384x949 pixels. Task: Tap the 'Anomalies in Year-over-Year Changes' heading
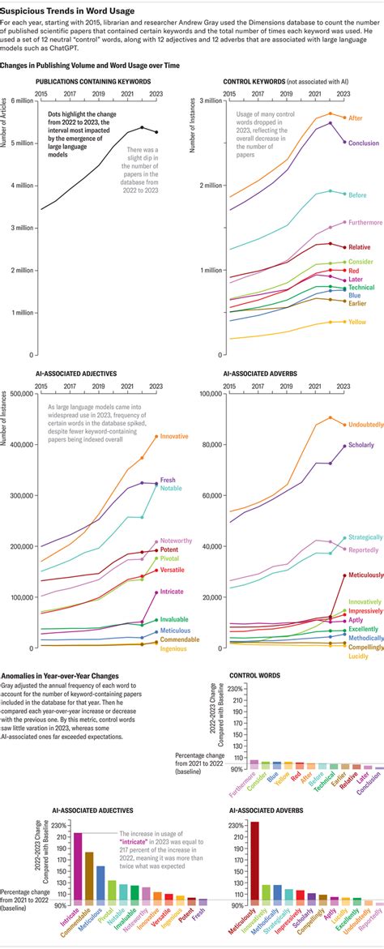[x=61, y=675]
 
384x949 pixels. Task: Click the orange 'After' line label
[x=356, y=118]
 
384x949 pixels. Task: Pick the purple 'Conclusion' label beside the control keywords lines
[x=364, y=143]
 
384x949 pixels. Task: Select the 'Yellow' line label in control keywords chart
[x=357, y=322]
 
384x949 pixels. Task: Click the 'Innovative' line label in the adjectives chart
[x=175, y=436]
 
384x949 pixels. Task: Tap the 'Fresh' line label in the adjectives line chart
[x=168, y=480]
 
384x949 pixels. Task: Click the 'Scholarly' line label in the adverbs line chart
[x=363, y=445]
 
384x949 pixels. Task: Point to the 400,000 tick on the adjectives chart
[x=19, y=445]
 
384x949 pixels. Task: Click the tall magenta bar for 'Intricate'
[x=78, y=866]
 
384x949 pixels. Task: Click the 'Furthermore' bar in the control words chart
[x=232, y=765]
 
